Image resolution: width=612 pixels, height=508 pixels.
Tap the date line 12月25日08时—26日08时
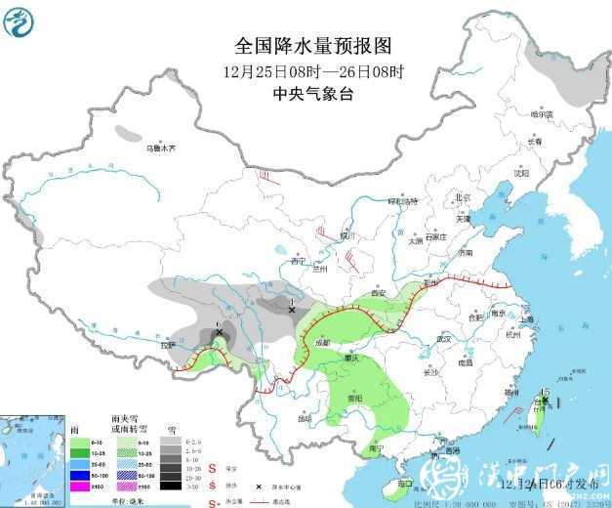(312, 71)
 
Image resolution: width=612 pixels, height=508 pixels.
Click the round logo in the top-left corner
(20, 21)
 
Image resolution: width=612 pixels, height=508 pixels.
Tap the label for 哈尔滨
(542, 114)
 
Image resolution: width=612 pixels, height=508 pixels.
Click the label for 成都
(323, 342)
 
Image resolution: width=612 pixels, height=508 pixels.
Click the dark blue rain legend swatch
(80, 473)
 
